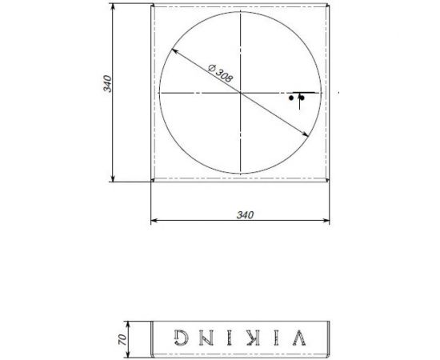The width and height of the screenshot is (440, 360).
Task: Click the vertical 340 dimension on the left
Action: (x=106, y=83)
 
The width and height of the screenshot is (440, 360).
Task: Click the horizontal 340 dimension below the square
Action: (x=245, y=214)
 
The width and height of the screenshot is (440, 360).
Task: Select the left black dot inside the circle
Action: (x=291, y=98)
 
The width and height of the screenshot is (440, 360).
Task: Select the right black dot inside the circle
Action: (x=301, y=98)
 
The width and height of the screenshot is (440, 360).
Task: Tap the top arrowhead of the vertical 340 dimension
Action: (x=113, y=7)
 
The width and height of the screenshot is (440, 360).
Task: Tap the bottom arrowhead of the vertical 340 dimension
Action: (x=113, y=179)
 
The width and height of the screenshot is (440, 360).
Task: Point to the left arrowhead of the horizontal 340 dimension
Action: (x=154, y=221)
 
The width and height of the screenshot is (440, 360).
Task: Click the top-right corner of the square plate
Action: (x=329, y=6)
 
